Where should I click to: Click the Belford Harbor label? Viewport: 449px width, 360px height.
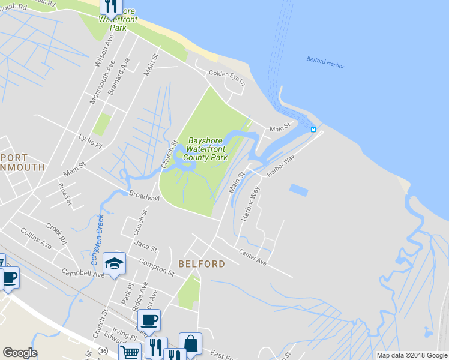pyautogui.click(x=325, y=62)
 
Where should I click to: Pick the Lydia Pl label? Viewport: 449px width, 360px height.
pyautogui.click(x=91, y=141)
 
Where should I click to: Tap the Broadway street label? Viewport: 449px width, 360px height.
pyautogui.click(x=144, y=196)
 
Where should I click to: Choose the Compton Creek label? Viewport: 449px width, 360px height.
pyautogui.click(x=97, y=240)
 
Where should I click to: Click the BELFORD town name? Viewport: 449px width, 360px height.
pyautogui.click(x=202, y=264)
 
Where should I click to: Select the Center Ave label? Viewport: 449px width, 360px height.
pyautogui.click(x=252, y=257)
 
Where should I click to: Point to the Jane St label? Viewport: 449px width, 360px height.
pyautogui.click(x=145, y=247)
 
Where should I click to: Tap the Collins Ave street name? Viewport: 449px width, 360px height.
pyautogui.click(x=35, y=238)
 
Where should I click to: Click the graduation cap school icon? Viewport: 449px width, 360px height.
pyautogui.click(x=114, y=262)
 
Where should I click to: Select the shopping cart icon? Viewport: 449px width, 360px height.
pyautogui.click(x=130, y=352)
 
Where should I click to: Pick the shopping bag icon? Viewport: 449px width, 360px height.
pyautogui.click(x=190, y=344)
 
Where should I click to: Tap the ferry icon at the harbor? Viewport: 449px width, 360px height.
pyautogui.click(x=313, y=129)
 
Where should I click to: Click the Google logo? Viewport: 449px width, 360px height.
pyautogui.click(x=20, y=353)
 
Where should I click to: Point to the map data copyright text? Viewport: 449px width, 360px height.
pyautogui.click(x=412, y=355)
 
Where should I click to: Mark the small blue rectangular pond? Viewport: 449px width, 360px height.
pyautogui.click(x=298, y=190)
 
